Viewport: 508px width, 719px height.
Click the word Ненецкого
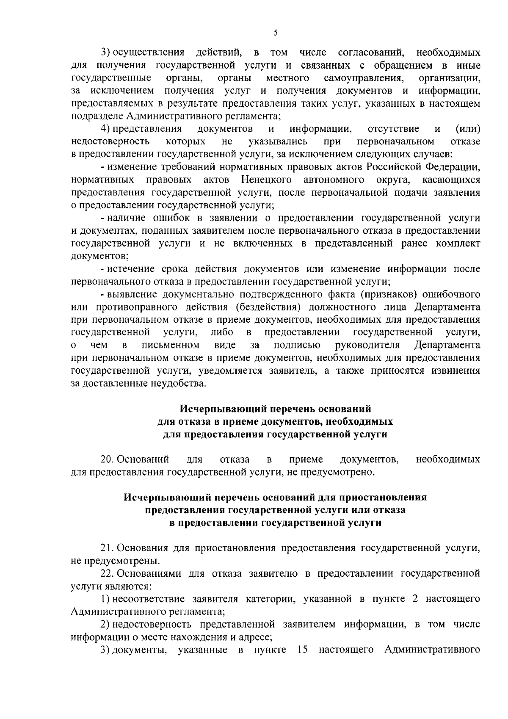[x=266, y=180]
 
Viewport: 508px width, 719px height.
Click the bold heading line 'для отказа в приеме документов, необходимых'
[x=275, y=422]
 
